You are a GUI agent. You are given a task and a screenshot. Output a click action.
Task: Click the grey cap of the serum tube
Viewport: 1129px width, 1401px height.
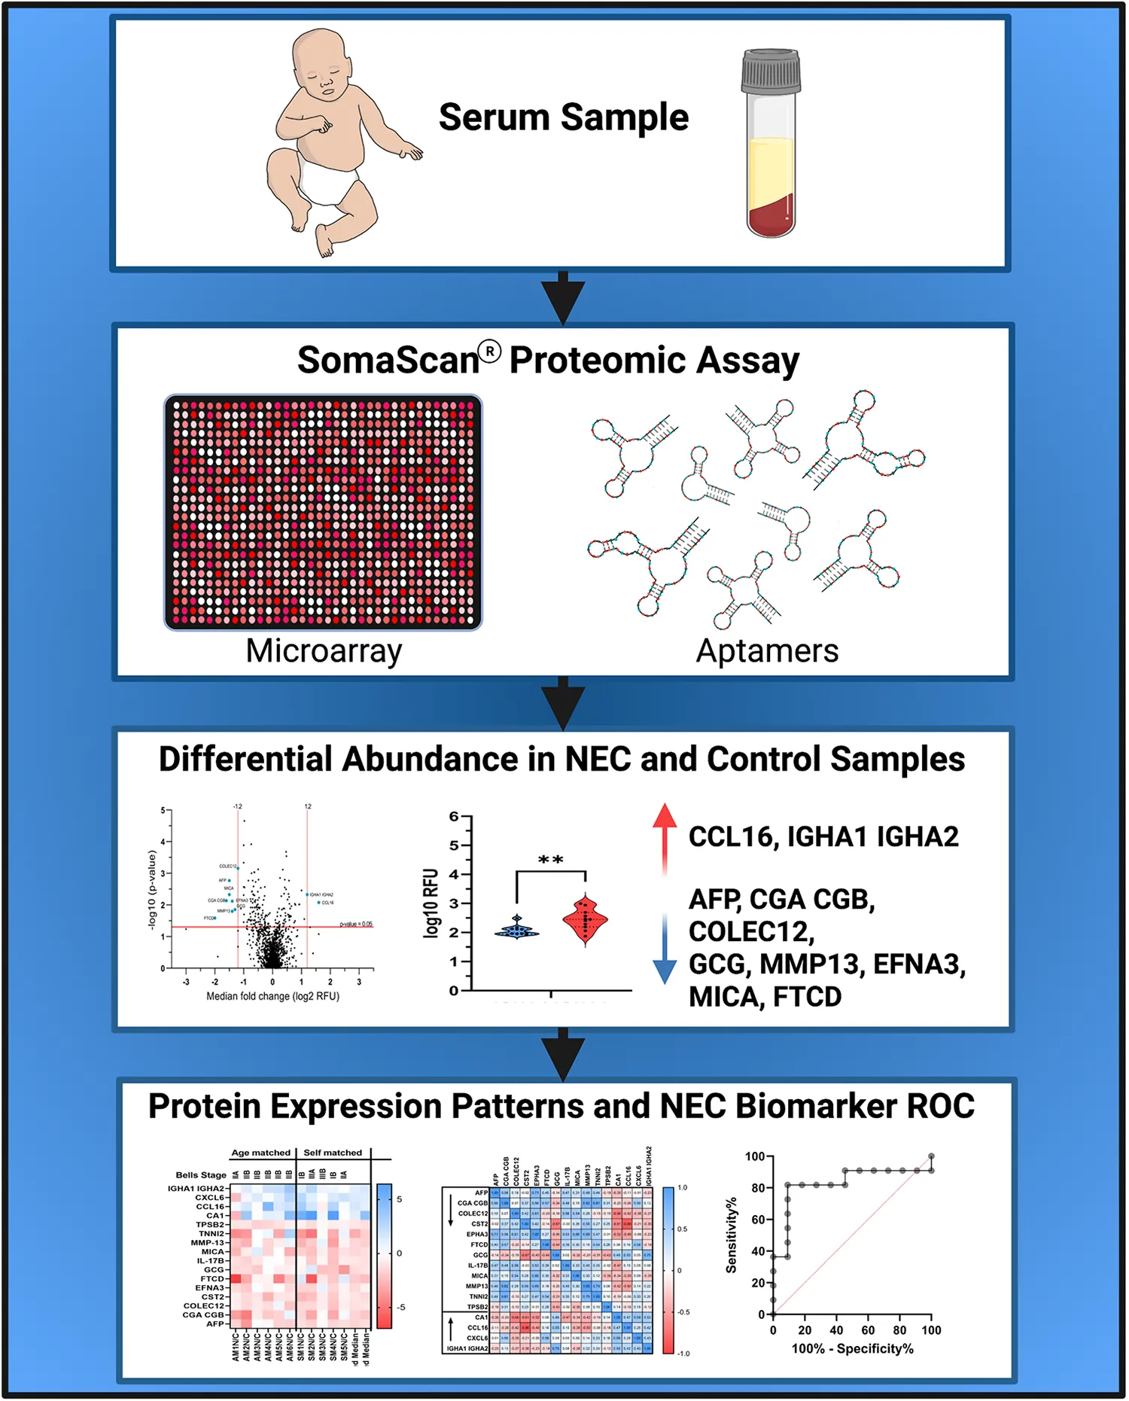(x=771, y=72)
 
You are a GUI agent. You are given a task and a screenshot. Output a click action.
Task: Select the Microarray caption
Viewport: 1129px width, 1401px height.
(x=324, y=651)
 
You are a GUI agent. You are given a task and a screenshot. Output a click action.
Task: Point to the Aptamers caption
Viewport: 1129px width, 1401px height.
(x=767, y=651)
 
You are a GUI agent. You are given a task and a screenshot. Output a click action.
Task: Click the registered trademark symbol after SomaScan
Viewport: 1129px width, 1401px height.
(x=489, y=352)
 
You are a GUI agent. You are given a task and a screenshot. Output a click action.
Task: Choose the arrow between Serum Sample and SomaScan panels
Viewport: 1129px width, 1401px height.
(x=563, y=298)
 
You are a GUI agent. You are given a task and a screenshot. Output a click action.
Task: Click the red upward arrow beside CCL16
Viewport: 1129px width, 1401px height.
(x=664, y=836)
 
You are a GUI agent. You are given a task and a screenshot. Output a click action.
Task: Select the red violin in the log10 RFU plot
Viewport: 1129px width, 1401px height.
(x=586, y=919)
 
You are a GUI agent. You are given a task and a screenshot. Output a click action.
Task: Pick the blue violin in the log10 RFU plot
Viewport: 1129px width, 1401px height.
(x=517, y=930)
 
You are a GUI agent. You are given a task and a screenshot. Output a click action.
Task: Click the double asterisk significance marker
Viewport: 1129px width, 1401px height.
(x=551, y=860)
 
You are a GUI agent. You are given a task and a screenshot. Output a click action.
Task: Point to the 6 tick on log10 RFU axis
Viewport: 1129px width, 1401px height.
(x=454, y=817)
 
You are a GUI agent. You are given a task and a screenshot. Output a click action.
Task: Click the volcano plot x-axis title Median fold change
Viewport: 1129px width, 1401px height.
(x=272, y=996)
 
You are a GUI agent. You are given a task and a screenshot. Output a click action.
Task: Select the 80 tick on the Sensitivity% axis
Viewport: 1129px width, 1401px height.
(x=757, y=1188)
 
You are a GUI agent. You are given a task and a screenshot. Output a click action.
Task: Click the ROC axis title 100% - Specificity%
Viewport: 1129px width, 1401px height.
(x=852, y=1348)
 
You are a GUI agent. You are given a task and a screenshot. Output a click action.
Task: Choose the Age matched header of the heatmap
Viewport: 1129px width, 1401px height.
(x=260, y=1153)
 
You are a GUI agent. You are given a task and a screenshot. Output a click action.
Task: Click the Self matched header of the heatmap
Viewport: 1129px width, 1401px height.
(x=333, y=1153)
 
